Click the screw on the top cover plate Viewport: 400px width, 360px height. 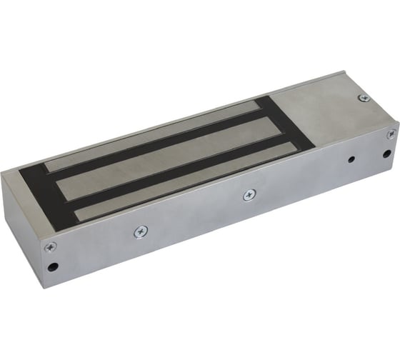(x=364, y=99)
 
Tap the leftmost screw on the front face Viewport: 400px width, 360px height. (x=49, y=247)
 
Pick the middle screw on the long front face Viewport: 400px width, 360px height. (x=248, y=194)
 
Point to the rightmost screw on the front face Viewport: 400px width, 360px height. (x=391, y=134)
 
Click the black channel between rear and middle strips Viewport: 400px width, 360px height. (x=164, y=145)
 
